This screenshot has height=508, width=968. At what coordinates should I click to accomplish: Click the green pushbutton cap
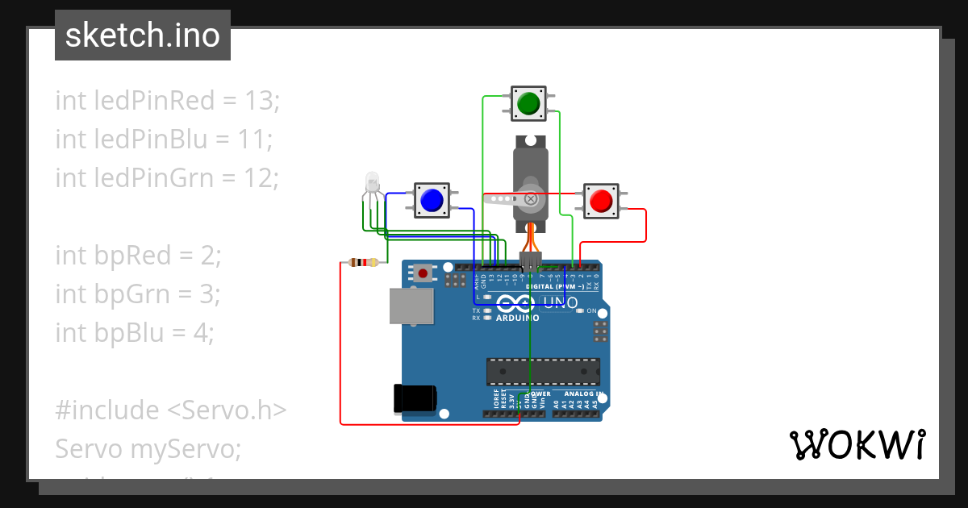coord(528,103)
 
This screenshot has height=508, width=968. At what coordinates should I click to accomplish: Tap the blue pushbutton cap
coord(432,199)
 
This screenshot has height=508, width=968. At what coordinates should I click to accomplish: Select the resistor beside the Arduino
coord(363,262)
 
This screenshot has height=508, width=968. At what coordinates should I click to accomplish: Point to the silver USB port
coord(411,306)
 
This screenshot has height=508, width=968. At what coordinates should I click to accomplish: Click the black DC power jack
coord(415,398)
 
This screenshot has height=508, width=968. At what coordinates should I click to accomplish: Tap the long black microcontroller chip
coord(542,371)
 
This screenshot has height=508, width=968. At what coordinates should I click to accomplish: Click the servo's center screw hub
coord(531,198)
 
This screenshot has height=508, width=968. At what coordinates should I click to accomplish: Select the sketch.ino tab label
coord(143,35)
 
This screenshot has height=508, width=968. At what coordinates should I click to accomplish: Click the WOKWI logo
coord(857,444)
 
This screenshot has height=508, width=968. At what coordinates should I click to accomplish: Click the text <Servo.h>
coord(227,410)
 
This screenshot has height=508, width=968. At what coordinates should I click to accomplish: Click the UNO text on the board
coord(560,303)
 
